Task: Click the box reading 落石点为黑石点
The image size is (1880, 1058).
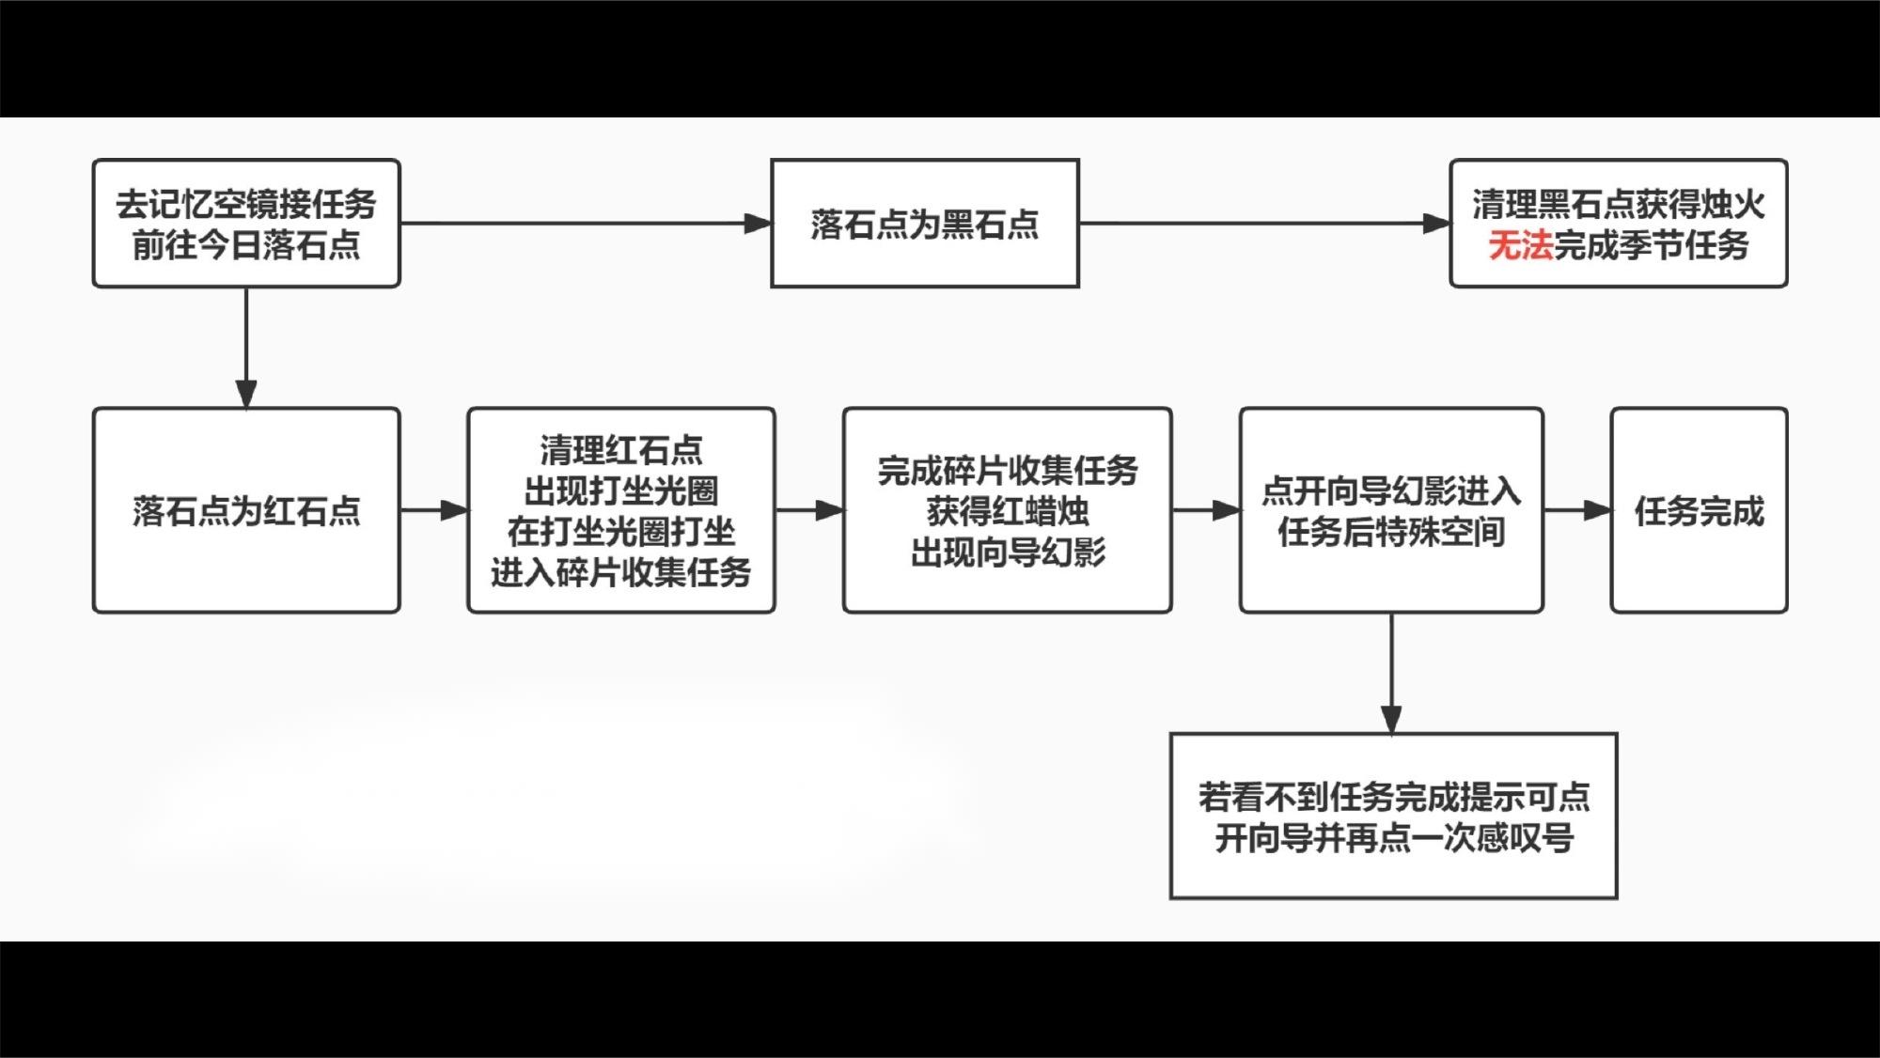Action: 924,224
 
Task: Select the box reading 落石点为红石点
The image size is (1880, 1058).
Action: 246,510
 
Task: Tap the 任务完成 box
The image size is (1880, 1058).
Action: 1699,510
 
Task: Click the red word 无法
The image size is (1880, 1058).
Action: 1520,245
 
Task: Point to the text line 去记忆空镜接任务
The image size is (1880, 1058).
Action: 246,203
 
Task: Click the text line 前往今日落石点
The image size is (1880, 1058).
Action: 246,245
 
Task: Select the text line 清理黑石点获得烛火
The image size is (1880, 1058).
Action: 1618,203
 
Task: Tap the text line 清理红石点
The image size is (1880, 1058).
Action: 621,449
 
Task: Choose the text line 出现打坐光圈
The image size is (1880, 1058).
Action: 621,490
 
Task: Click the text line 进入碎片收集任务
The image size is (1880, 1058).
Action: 621,571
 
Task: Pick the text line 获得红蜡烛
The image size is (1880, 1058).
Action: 1007,510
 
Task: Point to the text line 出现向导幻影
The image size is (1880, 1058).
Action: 1007,552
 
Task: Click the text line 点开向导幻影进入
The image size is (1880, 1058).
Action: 1391,490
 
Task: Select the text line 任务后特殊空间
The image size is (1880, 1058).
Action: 1391,531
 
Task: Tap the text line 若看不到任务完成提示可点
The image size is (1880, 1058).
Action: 1393,796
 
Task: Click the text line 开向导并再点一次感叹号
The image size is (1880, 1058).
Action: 1393,837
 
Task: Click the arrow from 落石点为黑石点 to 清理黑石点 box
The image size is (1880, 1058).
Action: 1264,224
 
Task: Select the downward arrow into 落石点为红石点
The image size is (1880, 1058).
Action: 246,348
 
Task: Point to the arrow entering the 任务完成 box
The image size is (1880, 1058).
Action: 1577,510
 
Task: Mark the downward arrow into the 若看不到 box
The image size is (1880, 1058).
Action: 1391,673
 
